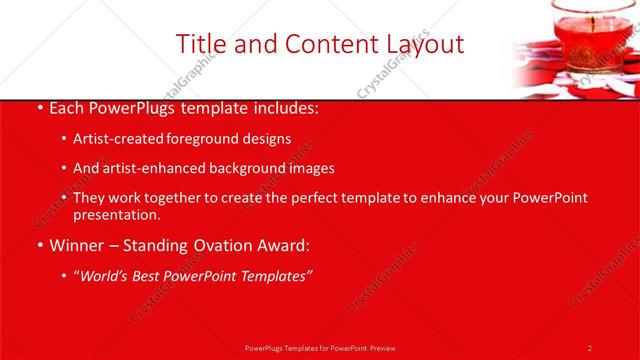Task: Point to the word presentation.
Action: tap(116, 214)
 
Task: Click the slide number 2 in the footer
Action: tap(589, 348)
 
